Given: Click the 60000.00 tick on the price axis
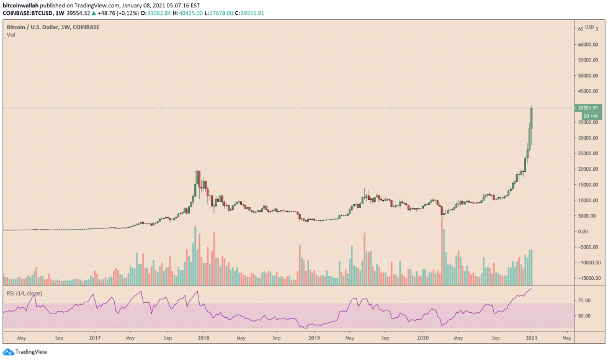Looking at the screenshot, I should tap(588, 45).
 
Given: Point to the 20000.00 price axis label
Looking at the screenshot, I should tap(588, 169).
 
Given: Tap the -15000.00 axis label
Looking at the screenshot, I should tap(587, 278).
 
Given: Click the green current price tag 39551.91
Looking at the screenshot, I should tap(588, 108).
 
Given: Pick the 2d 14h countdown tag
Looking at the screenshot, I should tap(590, 116).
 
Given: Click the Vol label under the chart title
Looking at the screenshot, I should tap(11, 35).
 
